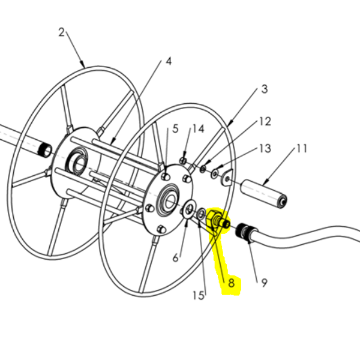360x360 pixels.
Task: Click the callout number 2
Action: (x=61, y=32)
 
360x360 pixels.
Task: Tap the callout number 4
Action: (x=169, y=62)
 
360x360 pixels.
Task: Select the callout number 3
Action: (x=265, y=89)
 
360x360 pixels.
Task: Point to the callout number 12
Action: (x=265, y=121)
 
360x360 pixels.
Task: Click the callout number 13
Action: (x=265, y=148)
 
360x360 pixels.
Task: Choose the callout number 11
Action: (x=301, y=149)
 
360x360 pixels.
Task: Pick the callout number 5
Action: (x=175, y=129)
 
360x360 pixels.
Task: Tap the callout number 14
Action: (x=198, y=129)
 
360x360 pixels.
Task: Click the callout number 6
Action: (x=175, y=258)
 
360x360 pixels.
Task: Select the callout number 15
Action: (x=199, y=295)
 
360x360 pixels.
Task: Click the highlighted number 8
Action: (x=231, y=283)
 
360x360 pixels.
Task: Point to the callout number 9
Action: (x=264, y=283)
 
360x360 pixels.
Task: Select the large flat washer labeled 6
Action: (x=189, y=209)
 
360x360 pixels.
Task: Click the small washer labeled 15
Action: (x=201, y=214)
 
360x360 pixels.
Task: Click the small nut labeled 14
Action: (x=183, y=161)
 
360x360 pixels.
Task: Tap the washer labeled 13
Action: (x=215, y=173)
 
